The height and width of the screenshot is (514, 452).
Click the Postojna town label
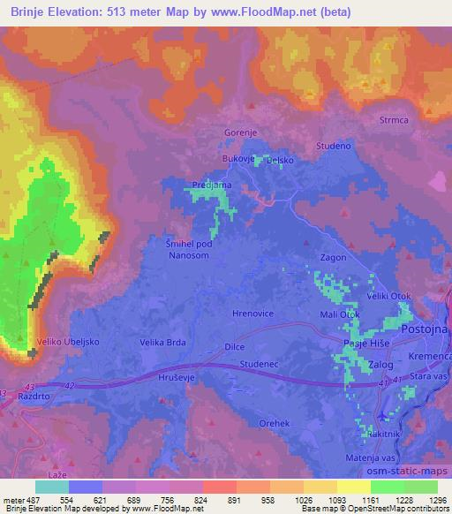tap(426, 329)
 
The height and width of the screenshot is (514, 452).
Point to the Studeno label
tap(333, 145)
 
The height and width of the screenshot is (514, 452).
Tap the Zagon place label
tap(333, 257)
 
